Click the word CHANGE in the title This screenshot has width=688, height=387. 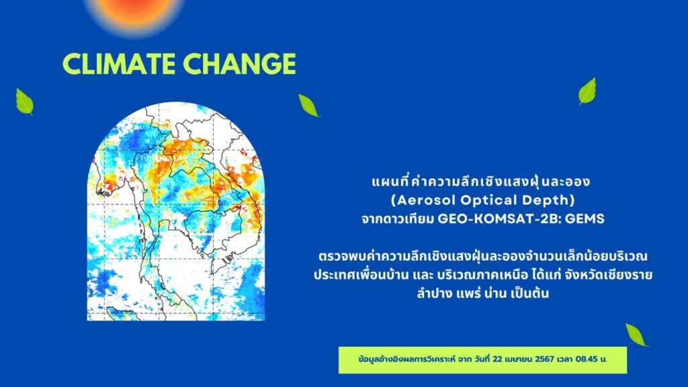click(x=240, y=64)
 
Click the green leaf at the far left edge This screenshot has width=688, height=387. click(x=25, y=101)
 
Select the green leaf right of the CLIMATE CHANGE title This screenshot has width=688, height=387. click(x=308, y=105)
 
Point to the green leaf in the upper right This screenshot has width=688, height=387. click(x=587, y=91)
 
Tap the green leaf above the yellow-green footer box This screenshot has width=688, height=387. click(x=636, y=335)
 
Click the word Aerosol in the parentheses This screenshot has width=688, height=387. click(x=425, y=200)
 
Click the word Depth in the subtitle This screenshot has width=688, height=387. click(x=546, y=200)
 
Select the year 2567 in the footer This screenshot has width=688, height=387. click(x=544, y=359)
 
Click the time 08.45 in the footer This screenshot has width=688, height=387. click(x=587, y=359)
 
